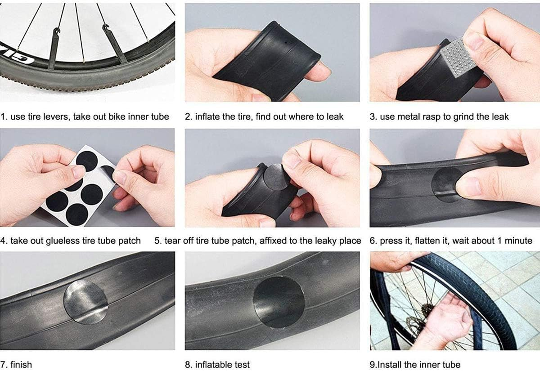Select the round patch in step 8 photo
click(279, 301)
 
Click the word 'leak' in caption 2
click(333, 117)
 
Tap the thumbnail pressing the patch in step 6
click(467, 186)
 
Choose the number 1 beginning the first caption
click(3, 117)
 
